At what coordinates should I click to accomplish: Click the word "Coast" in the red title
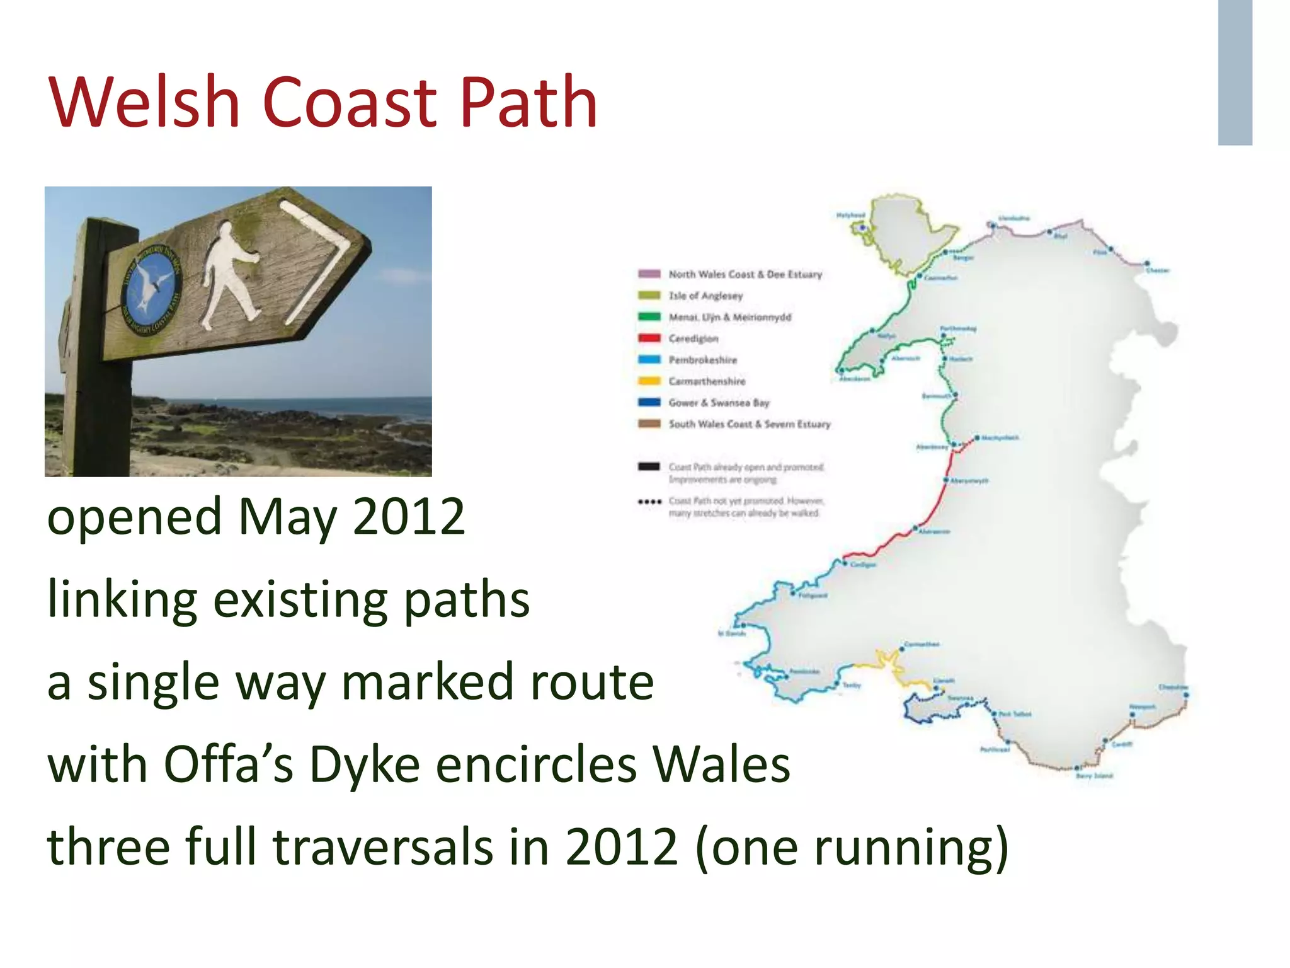[x=349, y=102]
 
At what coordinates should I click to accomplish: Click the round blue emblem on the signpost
[x=152, y=289]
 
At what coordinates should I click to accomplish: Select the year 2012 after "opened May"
[x=409, y=517]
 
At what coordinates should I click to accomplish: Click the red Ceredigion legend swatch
[x=649, y=338]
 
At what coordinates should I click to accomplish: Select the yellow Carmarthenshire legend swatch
[x=649, y=381]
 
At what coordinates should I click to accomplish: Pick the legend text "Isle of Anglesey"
[x=705, y=296]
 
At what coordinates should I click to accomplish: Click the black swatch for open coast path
[x=649, y=467]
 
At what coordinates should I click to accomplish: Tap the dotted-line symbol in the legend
[x=649, y=502]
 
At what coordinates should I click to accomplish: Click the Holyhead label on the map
[x=850, y=216]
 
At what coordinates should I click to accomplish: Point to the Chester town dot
[x=1147, y=263]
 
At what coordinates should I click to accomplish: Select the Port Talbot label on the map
[x=1015, y=714]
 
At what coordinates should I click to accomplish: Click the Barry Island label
[x=1095, y=776]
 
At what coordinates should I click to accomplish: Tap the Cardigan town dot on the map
[x=845, y=562]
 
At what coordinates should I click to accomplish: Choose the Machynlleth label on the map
[x=1001, y=437]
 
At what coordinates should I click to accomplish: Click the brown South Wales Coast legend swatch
[x=649, y=424]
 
